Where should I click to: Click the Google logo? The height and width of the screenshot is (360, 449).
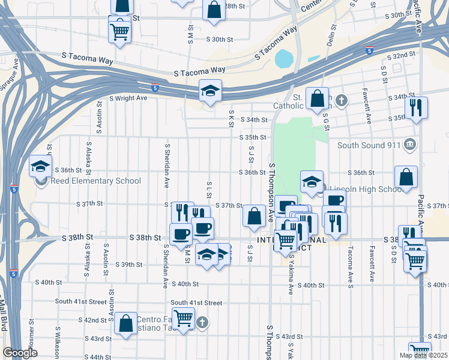pos(20,353)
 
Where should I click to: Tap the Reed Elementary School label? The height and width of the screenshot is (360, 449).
pos(95,181)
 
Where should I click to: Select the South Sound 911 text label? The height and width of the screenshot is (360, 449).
pos(369,145)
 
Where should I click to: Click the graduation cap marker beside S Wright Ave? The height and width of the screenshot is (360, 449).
pos(210,91)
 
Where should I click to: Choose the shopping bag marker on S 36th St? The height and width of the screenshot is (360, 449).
pos(406,177)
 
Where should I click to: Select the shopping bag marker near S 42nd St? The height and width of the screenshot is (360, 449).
pos(126,323)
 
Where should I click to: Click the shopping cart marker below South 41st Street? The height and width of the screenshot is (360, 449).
pos(183,318)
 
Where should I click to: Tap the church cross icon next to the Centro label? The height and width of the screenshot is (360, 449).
pos(203,323)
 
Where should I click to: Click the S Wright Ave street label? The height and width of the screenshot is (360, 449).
pos(128,98)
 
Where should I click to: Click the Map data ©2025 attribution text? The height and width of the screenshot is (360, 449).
pos(423,355)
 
